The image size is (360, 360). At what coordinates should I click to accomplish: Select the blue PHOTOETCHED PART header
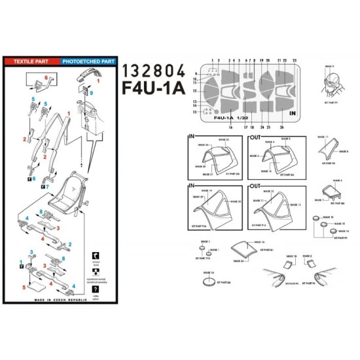(x=88, y=61)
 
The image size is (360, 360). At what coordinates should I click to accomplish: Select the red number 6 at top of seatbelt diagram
(x=46, y=77)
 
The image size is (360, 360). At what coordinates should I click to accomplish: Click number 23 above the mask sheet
(x=295, y=60)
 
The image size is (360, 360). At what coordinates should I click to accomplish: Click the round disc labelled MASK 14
(x=211, y=280)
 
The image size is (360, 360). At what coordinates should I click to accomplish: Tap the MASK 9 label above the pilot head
(x=329, y=67)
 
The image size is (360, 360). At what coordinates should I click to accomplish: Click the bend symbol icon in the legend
(x=96, y=256)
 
